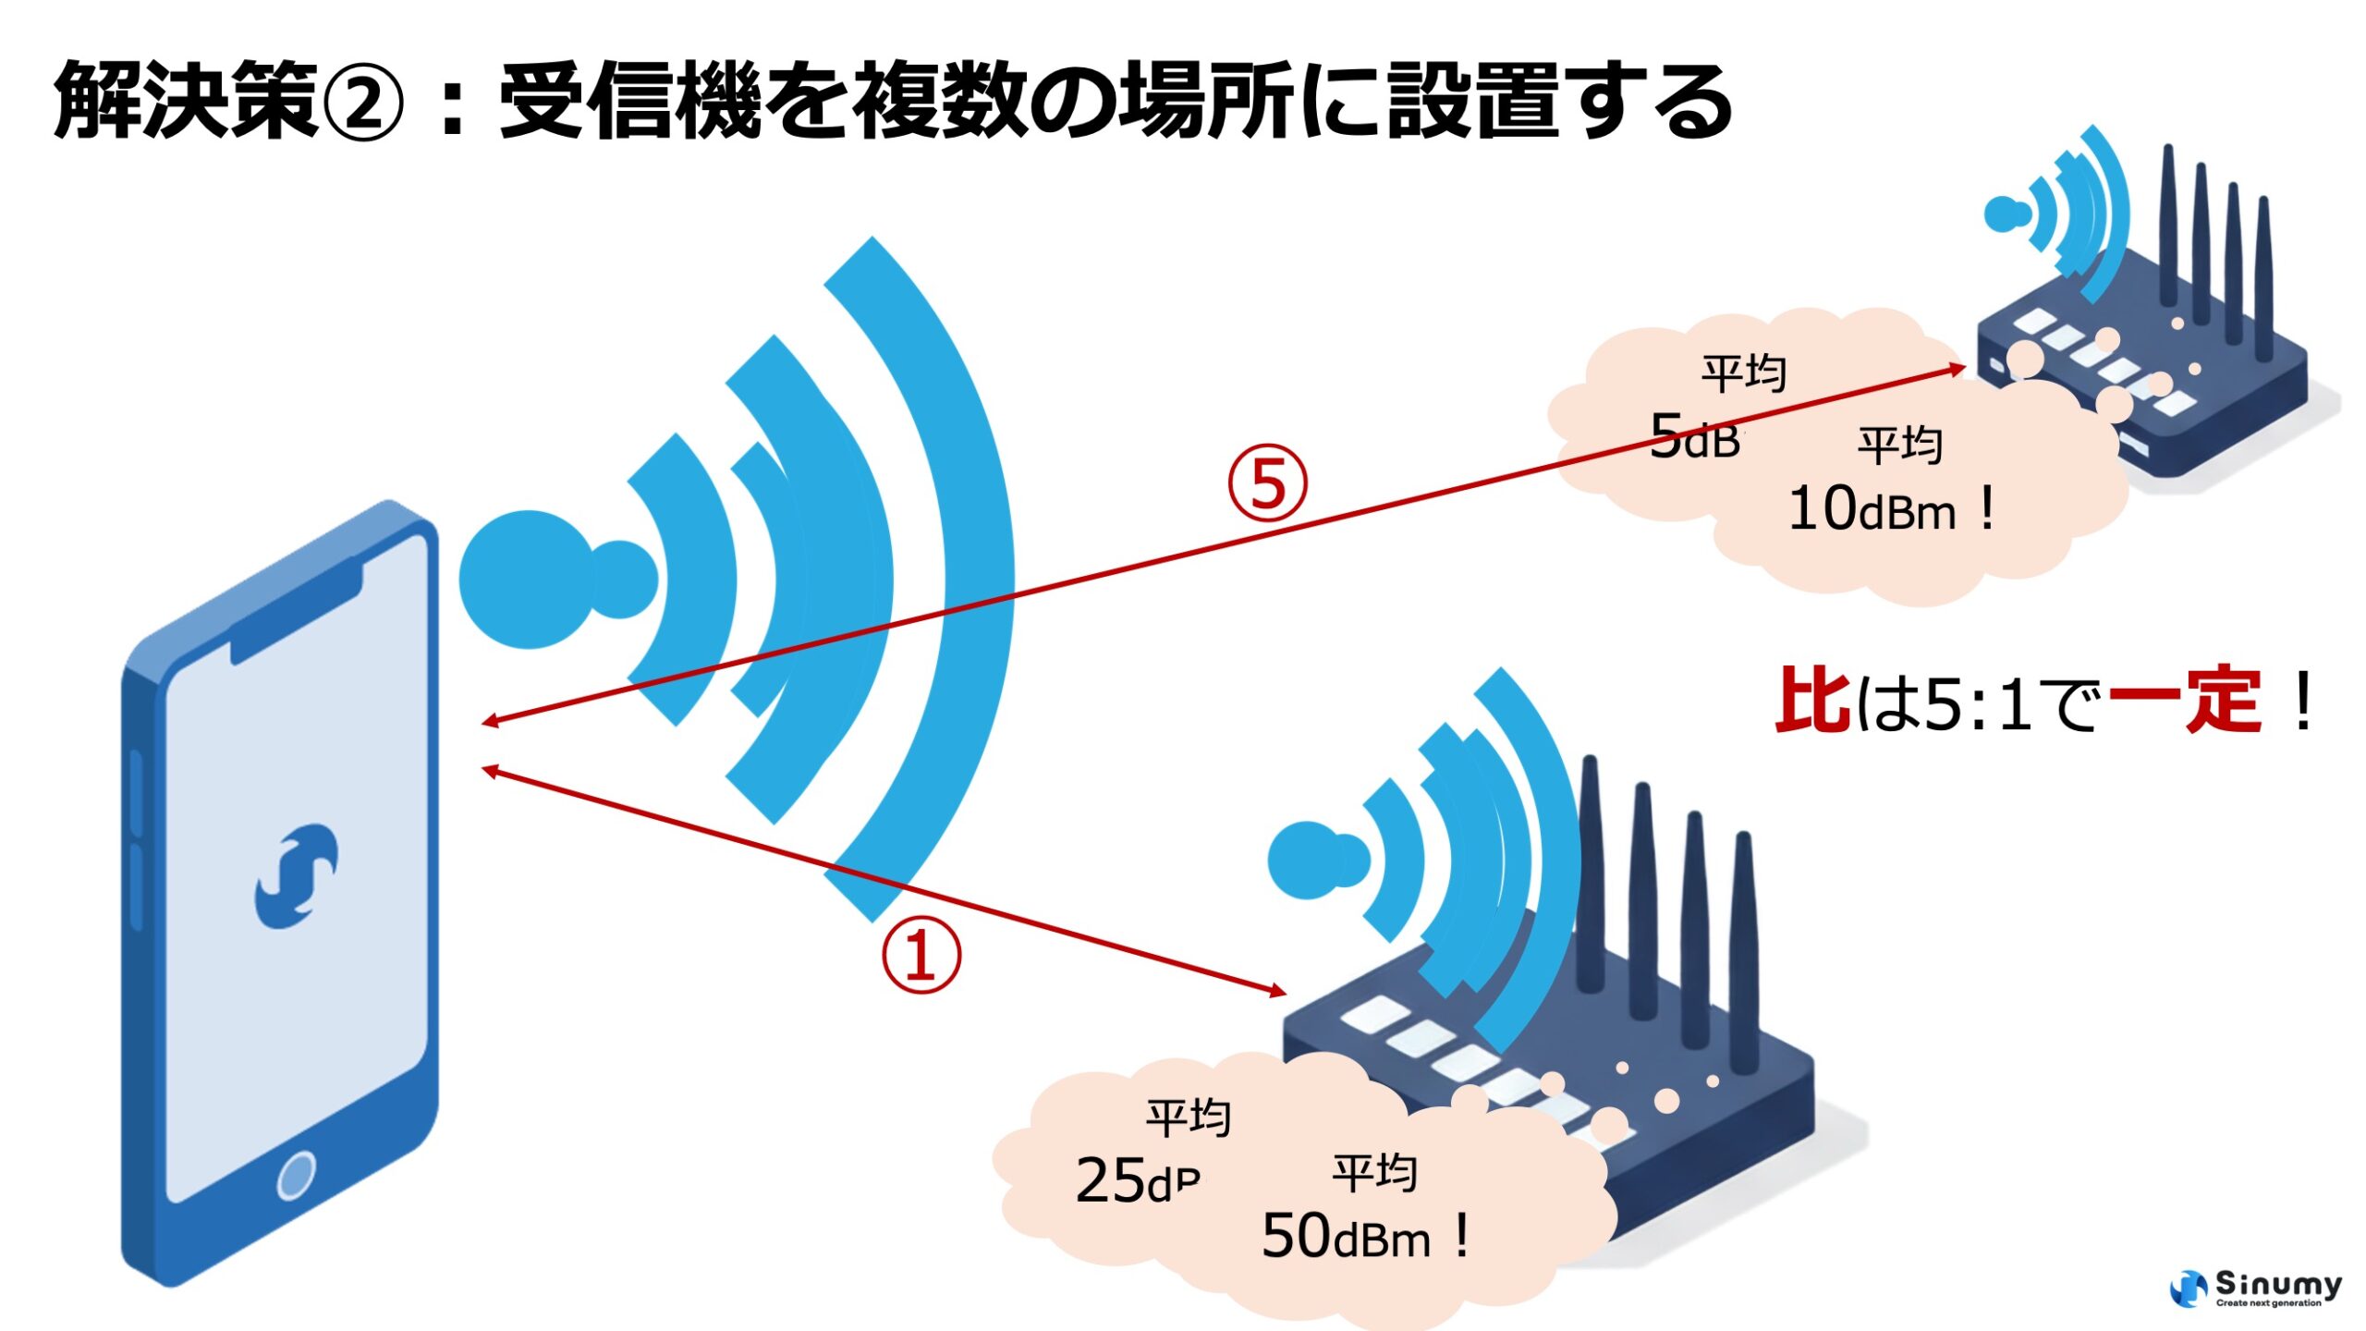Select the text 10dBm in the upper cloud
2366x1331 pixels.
point(1872,509)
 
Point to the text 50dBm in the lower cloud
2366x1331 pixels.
point(1346,1237)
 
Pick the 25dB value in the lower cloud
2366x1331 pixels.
point(1139,1181)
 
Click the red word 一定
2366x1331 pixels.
point(2185,701)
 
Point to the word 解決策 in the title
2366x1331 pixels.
point(185,100)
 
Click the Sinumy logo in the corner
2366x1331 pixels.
point(2255,1288)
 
